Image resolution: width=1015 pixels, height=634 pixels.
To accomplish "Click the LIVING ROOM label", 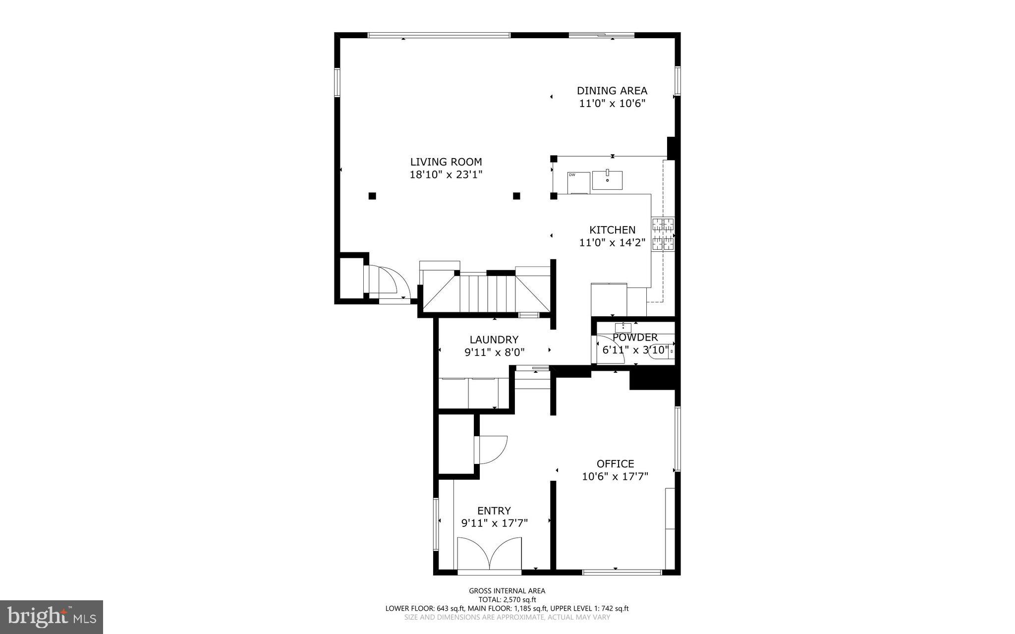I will click(446, 162).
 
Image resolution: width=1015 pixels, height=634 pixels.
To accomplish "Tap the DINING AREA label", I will click(612, 91).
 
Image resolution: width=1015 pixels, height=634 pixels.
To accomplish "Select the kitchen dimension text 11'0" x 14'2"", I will click(612, 243).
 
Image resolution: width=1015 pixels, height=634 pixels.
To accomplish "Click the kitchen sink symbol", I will click(607, 179).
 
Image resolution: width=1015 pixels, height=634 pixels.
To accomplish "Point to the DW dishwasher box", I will click(578, 182).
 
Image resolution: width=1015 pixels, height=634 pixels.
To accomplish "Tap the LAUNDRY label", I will click(494, 340).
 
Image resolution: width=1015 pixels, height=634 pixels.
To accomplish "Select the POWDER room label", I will click(635, 338).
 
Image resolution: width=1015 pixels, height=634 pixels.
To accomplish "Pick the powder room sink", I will click(623, 327).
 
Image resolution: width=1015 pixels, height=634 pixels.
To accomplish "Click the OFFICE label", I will click(615, 464).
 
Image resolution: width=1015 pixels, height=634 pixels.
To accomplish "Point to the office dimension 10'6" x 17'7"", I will click(615, 477).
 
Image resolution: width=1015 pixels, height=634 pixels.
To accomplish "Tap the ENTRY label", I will click(494, 511).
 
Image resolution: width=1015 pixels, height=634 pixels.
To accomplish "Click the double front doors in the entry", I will click(489, 555).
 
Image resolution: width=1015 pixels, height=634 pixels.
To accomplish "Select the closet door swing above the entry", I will click(491, 449).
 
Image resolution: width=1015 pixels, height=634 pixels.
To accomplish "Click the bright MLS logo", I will click(52, 617).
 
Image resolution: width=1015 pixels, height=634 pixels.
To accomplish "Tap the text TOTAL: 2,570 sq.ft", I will click(507, 599).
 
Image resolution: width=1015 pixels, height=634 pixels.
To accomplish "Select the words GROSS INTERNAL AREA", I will click(507, 591).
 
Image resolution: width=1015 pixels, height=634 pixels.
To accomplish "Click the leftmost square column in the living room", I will click(372, 196).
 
